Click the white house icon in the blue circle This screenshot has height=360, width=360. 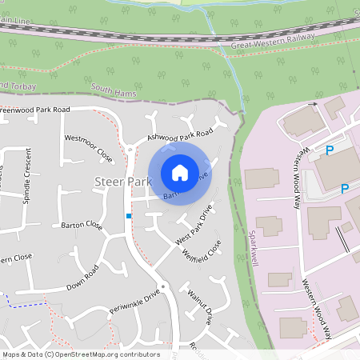tap(179, 172)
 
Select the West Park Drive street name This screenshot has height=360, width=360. tap(194, 227)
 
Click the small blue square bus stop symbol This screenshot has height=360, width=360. tap(128, 216)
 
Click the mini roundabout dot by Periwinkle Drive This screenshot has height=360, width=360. tap(162, 286)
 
